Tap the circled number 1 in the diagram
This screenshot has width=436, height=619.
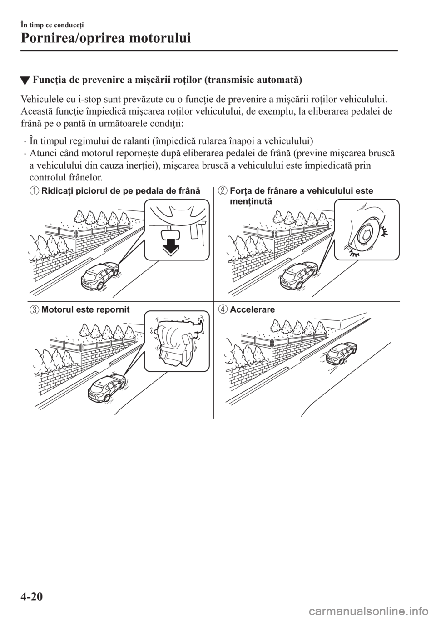click(35, 191)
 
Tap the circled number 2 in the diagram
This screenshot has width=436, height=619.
click(224, 191)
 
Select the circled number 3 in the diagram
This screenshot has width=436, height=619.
click(35, 310)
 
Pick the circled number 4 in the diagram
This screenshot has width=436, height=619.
click(224, 310)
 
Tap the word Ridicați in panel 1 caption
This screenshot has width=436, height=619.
click(55, 191)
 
